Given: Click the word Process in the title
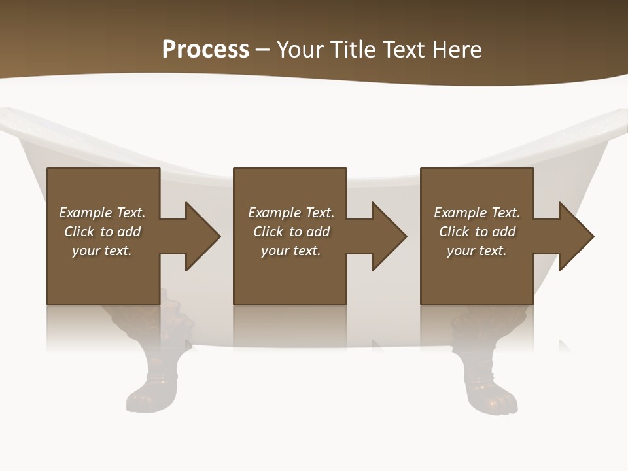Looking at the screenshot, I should coord(205,50).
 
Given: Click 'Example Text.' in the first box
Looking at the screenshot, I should coord(102,213).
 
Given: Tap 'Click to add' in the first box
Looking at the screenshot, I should coord(102,232).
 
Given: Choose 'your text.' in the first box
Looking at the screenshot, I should coord(102,251).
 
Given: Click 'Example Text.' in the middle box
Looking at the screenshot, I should coord(291,213).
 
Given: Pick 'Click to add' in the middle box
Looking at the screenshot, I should coord(291,232).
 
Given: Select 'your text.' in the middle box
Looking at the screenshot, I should coord(291,251).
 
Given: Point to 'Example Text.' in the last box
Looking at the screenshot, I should coord(477,213).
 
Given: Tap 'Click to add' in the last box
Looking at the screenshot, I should coord(477,232).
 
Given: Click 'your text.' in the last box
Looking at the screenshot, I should coord(477,251).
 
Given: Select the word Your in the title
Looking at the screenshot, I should coord(300,50).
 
